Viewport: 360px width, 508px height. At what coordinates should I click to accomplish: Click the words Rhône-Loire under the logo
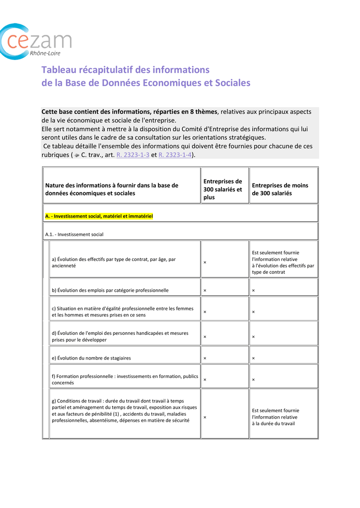click(x=46, y=53)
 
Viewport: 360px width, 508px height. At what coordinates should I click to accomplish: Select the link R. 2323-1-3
click(x=133, y=155)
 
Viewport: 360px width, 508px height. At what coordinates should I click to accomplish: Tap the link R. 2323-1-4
click(x=175, y=155)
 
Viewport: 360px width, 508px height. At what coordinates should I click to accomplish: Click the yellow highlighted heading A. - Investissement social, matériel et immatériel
click(x=99, y=216)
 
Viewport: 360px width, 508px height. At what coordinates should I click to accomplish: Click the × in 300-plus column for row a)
click(x=205, y=262)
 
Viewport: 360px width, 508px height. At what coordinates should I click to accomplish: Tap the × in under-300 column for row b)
click(x=253, y=291)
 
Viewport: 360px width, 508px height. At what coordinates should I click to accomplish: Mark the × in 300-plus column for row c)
click(x=205, y=312)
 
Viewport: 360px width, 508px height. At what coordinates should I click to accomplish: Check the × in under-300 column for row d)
click(x=253, y=337)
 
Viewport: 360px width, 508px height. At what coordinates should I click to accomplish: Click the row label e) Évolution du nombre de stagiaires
click(x=91, y=358)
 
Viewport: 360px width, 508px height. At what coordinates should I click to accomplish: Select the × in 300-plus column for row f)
click(x=205, y=380)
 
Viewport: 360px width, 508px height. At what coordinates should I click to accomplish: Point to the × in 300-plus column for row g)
click(x=205, y=417)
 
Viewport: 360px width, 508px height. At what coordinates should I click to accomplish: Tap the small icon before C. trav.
click(x=76, y=155)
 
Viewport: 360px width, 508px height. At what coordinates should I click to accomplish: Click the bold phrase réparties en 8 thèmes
click(x=186, y=112)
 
